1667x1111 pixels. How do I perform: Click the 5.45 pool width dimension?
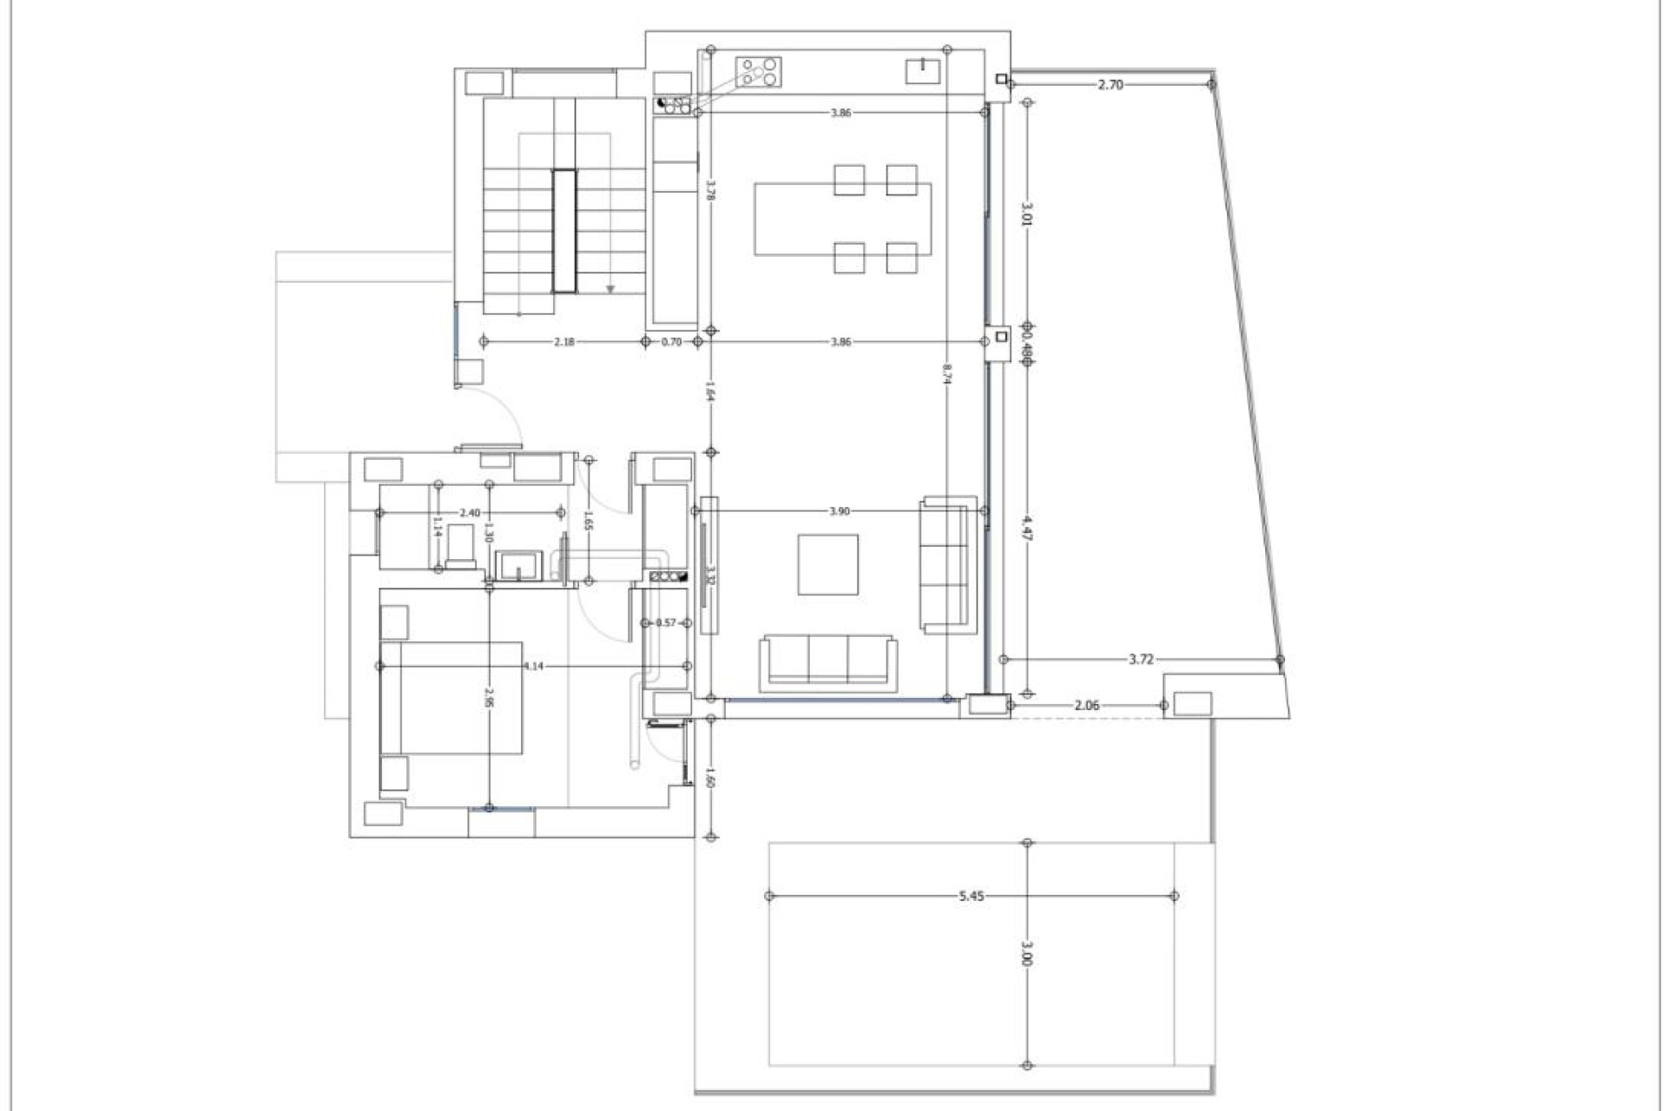pos(972,896)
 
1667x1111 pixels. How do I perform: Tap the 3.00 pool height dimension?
pos(1027,953)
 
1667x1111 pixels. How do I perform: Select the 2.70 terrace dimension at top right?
pos(1110,84)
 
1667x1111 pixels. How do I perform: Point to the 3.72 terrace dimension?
pos(1141,660)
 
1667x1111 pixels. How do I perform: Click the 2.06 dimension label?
pos(1087,705)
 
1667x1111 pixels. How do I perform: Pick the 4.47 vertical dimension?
pos(1027,528)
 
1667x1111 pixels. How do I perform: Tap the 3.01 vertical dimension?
pos(1027,214)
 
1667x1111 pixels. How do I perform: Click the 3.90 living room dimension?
pos(839,511)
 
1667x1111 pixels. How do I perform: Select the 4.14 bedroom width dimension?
pos(533,666)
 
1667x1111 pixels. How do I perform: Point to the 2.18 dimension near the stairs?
pos(563,342)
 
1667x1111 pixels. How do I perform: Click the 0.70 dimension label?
pos(671,342)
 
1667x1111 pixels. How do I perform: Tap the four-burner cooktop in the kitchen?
pos(759,71)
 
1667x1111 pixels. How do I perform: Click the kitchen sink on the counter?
pos(921,70)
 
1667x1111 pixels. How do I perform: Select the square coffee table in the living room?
pos(828,565)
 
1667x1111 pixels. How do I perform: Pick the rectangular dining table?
pos(842,219)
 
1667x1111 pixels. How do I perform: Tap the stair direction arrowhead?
pos(610,289)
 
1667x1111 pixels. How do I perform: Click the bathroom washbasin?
pos(518,564)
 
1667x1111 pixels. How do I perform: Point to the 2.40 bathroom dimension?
pos(470,513)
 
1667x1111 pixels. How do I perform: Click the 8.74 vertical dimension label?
pos(948,373)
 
